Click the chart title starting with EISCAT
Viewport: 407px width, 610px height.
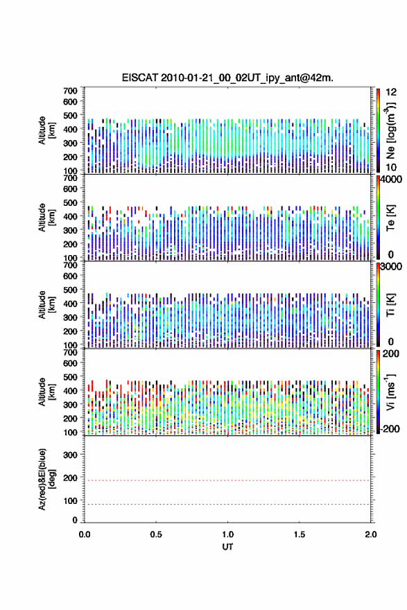(x=227, y=78)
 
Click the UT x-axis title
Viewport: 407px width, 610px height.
(x=227, y=547)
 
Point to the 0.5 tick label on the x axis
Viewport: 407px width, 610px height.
(x=156, y=534)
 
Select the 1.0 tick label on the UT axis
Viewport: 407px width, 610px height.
(x=227, y=534)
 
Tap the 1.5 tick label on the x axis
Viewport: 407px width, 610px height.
(x=300, y=534)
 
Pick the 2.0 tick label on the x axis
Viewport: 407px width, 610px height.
(x=370, y=534)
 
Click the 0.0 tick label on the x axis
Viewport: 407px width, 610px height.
(x=85, y=534)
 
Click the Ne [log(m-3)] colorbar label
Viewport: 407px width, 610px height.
(x=390, y=131)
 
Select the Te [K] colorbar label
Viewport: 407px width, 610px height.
(x=390, y=217)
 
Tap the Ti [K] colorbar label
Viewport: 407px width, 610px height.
(x=390, y=304)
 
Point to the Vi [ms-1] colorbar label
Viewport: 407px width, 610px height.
(x=390, y=392)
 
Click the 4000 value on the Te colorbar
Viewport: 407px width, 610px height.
(x=391, y=179)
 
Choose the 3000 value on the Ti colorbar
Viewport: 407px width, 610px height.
(x=391, y=266)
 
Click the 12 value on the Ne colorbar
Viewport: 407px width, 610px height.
(x=391, y=92)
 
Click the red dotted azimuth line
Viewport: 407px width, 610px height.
(x=227, y=480)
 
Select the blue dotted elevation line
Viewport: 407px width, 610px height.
(x=227, y=504)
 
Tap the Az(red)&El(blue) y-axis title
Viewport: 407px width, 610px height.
(x=46, y=479)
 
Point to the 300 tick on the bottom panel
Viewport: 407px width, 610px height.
(x=70, y=455)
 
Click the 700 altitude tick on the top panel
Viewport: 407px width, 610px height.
(x=70, y=91)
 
